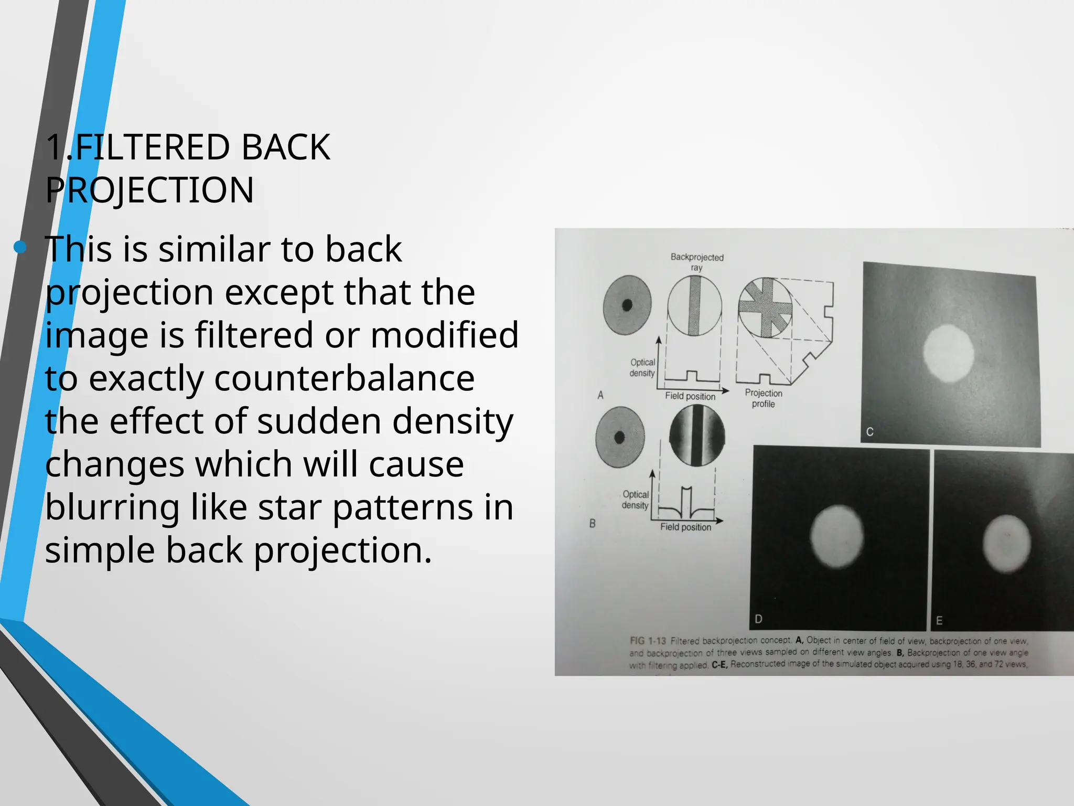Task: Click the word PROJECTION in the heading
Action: tap(149, 190)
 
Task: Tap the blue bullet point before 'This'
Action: tap(20, 247)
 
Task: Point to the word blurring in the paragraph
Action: tap(112, 507)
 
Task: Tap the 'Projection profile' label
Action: tap(763, 398)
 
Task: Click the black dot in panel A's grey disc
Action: tap(627, 304)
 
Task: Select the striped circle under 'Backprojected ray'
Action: tap(694, 306)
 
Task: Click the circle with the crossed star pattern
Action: tap(765, 307)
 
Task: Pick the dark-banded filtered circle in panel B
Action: tap(697, 436)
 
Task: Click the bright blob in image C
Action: tap(948, 353)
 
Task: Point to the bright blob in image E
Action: tap(1006, 543)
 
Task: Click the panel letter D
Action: tap(758, 619)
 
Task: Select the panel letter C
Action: tap(870, 432)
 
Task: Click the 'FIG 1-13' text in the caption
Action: tap(648, 641)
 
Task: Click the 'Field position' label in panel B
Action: tap(685, 527)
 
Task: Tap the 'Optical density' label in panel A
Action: tap(642, 367)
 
